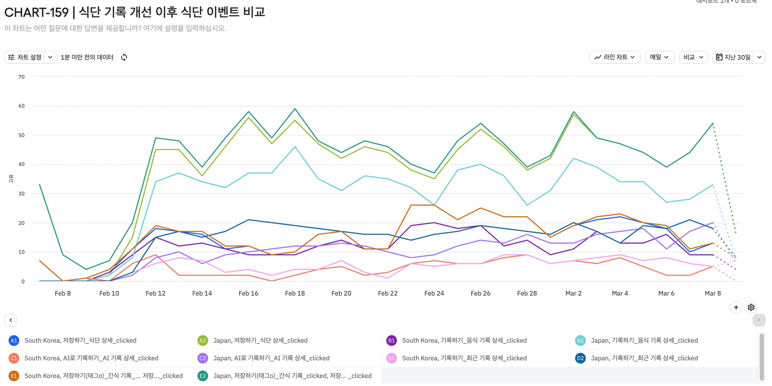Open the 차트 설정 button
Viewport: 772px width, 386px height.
pyautogui.click(x=25, y=57)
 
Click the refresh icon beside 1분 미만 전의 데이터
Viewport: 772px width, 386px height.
pyautogui.click(x=124, y=57)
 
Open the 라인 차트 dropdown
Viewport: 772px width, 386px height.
pyautogui.click(x=614, y=57)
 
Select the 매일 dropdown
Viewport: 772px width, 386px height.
pyautogui.click(x=659, y=57)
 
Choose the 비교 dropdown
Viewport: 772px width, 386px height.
pyautogui.click(x=693, y=57)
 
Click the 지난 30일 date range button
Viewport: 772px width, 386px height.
pyautogui.click(x=733, y=57)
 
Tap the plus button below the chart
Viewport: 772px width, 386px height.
pyautogui.click(x=736, y=307)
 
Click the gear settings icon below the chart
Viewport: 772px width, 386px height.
pyautogui.click(x=751, y=307)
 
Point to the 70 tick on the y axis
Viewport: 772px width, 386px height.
pyautogui.click(x=21, y=77)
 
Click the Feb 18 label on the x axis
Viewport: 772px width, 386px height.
pyautogui.click(x=295, y=293)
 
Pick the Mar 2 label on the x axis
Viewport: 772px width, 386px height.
pyautogui.click(x=573, y=293)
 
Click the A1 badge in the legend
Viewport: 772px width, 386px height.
pyautogui.click(x=14, y=340)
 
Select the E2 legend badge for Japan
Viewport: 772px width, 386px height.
pyautogui.click(x=203, y=376)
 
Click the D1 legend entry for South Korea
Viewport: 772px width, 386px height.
pyautogui.click(x=464, y=358)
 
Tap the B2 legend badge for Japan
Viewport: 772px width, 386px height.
pyautogui.click(x=580, y=340)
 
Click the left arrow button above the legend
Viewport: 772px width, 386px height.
pyautogui.click(x=11, y=320)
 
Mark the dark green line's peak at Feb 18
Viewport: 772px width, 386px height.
pyautogui.click(x=295, y=109)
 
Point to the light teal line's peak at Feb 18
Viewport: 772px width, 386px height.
pyautogui.click(x=295, y=147)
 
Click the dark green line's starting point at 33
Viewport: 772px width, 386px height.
pyautogui.click(x=40, y=185)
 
